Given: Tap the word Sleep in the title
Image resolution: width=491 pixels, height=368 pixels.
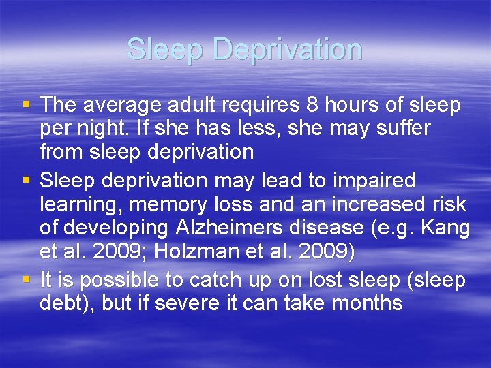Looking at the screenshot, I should click(166, 50).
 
